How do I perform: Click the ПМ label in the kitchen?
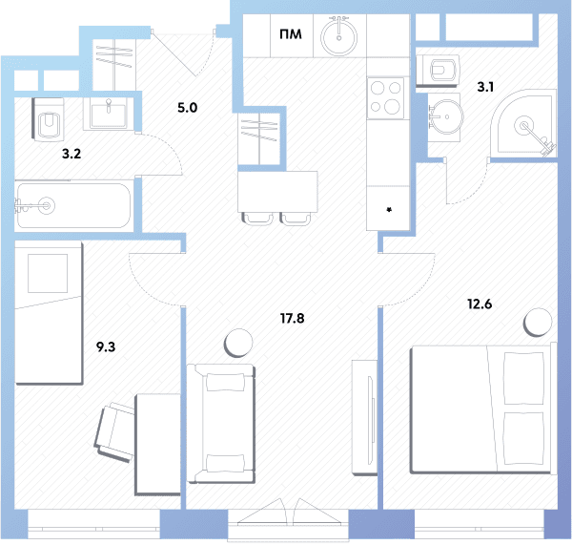coord(291,34)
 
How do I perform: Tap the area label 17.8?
coord(293,319)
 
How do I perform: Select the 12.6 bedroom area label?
coord(480,304)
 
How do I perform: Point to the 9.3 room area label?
coord(106,346)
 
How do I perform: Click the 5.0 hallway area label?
coord(188,108)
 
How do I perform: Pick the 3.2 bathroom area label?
coord(71,154)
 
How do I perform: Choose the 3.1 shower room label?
coord(485,87)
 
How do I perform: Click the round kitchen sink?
coord(338,36)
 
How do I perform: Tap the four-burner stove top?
coord(385,98)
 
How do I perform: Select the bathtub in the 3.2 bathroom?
coord(73,205)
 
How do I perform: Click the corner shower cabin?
coord(523,125)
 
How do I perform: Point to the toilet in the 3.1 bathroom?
coord(438,70)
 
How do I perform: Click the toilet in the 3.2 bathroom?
coord(49,119)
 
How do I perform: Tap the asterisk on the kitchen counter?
coord(389,210)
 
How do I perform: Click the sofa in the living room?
coord(221,424)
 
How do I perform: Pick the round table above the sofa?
coord(238,343)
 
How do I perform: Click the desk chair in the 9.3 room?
coord(114,432)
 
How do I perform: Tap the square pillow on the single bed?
coord(48,273)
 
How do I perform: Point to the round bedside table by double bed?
coord(538,323)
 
